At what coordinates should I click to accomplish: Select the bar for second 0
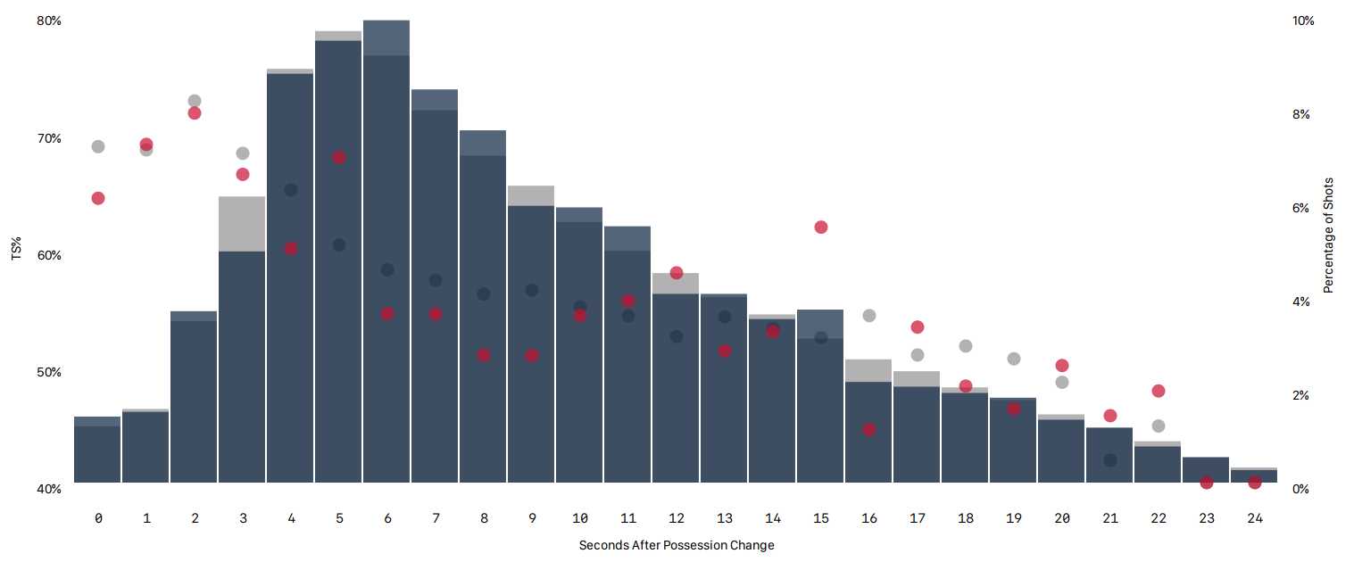(97, 450)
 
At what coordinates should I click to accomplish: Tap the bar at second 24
(1254, 475)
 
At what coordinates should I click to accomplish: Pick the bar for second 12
(676, 384)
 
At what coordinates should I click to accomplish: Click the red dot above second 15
(821, 227)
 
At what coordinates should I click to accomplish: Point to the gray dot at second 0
(98, 147)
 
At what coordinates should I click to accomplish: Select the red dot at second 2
(195, 113)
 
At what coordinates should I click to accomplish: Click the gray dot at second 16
(869, 316)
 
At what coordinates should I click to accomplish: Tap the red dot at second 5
(339, 158)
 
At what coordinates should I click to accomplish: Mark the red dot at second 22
(1159, 392)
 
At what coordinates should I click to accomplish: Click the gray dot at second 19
(1014, 359)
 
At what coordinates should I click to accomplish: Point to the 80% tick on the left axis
(49, 21)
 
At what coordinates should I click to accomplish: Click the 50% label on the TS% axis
(49, 372)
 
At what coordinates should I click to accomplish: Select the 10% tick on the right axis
(1304, 21)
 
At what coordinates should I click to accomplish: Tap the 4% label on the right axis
(1300, 302)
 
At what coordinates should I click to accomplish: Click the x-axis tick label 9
(532, 518)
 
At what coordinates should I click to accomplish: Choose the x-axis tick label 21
(1110, 518)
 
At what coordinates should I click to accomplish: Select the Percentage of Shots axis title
(1328, 236)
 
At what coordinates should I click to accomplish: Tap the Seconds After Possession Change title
(677, 545)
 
